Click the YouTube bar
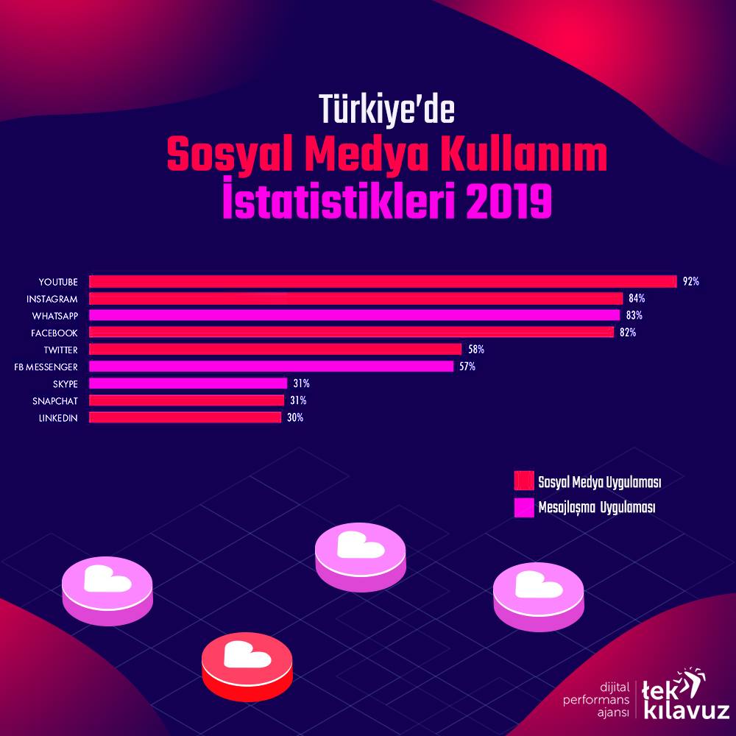click(x=383, y=282)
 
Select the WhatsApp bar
click(x=355, y=316)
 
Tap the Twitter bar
click(x=275, y=349)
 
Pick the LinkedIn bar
click(x=185, y=417)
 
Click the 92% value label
click(x=691, y=281)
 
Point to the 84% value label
click(x=637, y=298)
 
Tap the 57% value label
click(x=467, y=366)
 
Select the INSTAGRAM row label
click(x=52, y=299)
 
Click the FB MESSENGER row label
click(x=46, y=367)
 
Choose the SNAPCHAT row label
click(x=55, y=401)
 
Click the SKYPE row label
click(x=66, y=384)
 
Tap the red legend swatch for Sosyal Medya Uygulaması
click(x=524, y=481)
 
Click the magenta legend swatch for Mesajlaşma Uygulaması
click(x=524, y=507)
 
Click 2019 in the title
click(x=509, y=203)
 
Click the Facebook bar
click(x=352, y=333)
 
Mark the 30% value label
click(x=295, y=417)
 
